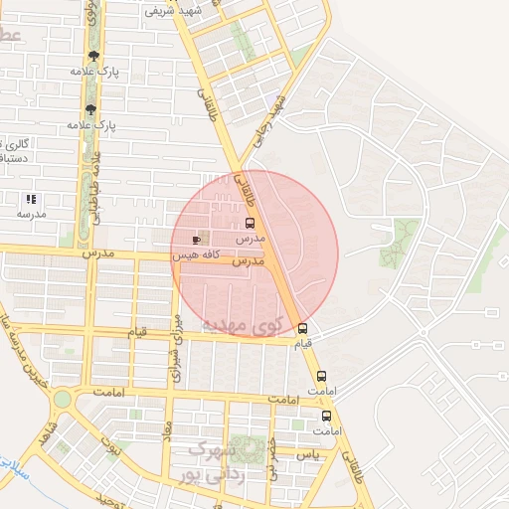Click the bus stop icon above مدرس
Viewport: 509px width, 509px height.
click(x=250, y=224)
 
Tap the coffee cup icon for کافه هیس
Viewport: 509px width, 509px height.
click(x=196, y=240)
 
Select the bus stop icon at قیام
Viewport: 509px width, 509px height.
click(x=302, y=329)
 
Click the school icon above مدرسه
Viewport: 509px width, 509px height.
click(x=32, y=199)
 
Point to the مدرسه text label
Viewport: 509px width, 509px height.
click(x=32, y=214)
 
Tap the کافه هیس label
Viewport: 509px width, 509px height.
click(x=195, y=255)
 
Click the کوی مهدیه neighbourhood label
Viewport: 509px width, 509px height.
click(x=242, y=325)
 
